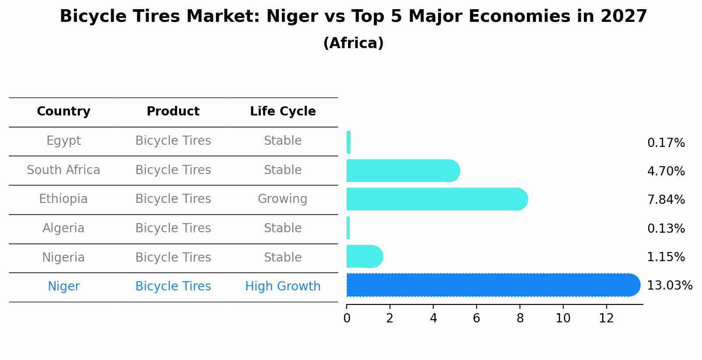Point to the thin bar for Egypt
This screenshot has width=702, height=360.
click(x=349, y=142)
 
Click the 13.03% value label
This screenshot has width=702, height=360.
click(x=670, y=286)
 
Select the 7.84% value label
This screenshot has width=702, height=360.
click(x=666, y=200)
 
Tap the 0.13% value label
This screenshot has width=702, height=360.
click(x=666, y=228)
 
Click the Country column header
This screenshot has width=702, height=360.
click(x=63, y=112)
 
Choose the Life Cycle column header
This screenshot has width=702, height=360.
click(x=283, y=112)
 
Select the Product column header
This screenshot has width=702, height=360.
click(x=173, y=112)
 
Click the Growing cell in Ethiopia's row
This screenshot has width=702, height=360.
click(x=283, y=199)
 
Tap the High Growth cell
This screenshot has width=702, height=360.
click(x=283, y=287)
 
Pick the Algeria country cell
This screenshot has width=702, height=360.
click(x=63, y=228)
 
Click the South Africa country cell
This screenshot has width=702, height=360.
click(x=63, y=170)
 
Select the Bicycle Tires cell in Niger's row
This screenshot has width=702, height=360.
click(x=173, y=287)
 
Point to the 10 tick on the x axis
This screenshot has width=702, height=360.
click(x=563, y=318)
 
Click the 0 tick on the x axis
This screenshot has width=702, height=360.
click(x=347, y=318)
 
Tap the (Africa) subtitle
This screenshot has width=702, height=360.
click(x=353, y=43)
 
